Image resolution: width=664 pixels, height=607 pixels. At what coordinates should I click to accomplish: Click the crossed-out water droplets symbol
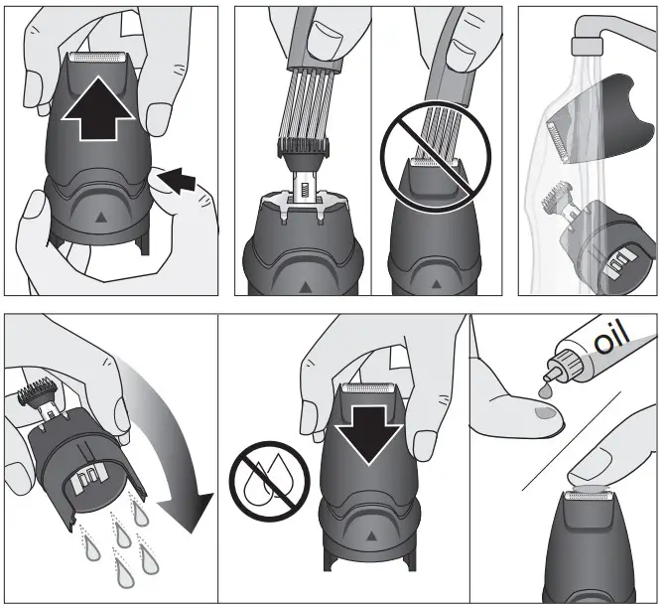click(264, 479)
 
